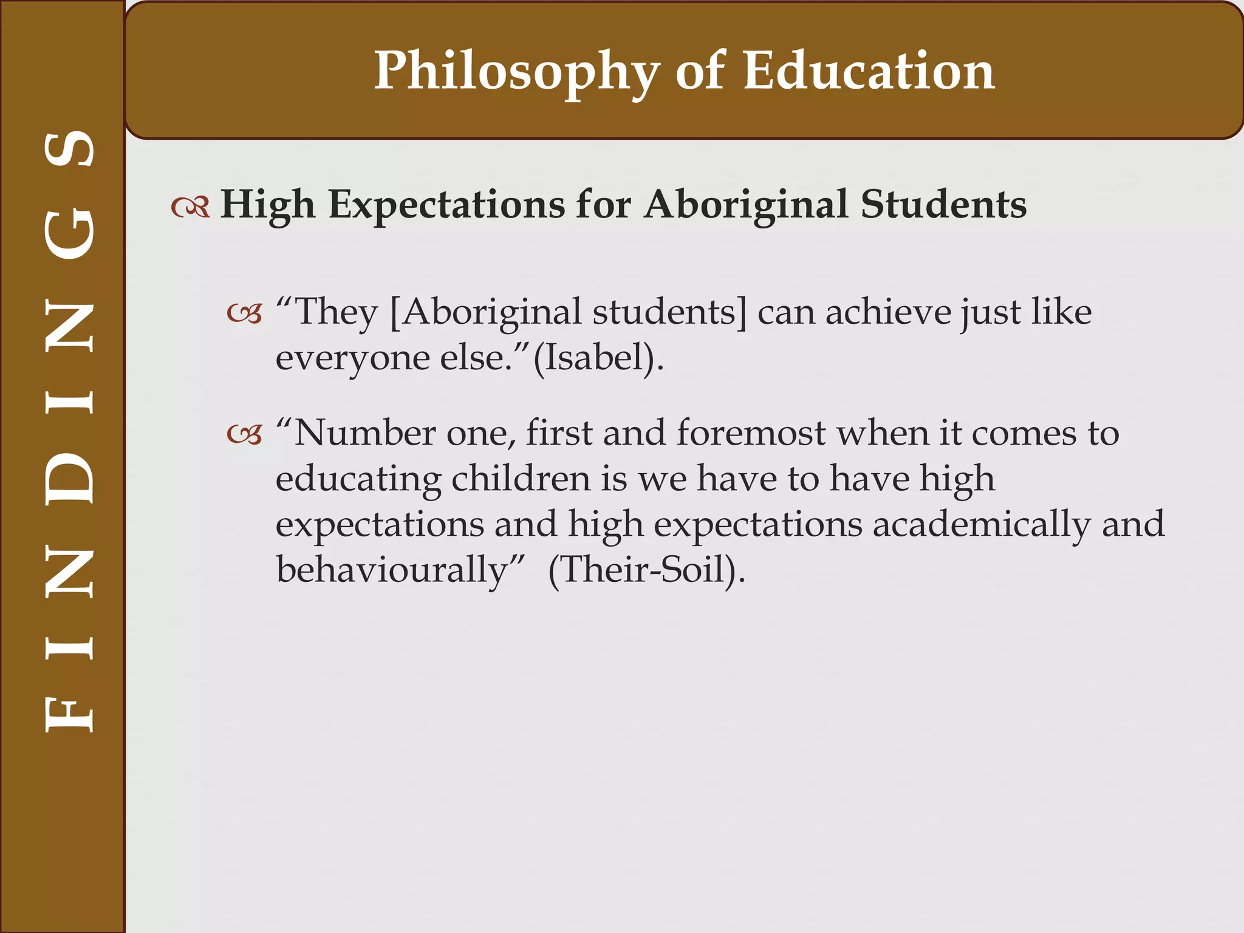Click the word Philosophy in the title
(516, 72)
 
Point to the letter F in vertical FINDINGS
(70, 714)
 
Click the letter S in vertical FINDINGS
(70, 149)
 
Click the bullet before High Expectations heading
(190, 207)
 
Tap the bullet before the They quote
(244, 314)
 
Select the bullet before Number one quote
(244, 434)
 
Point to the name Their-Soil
(644, 570)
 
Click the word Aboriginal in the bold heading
(746, 205)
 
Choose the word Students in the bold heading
(943, 205)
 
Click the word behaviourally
(392, 570)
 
